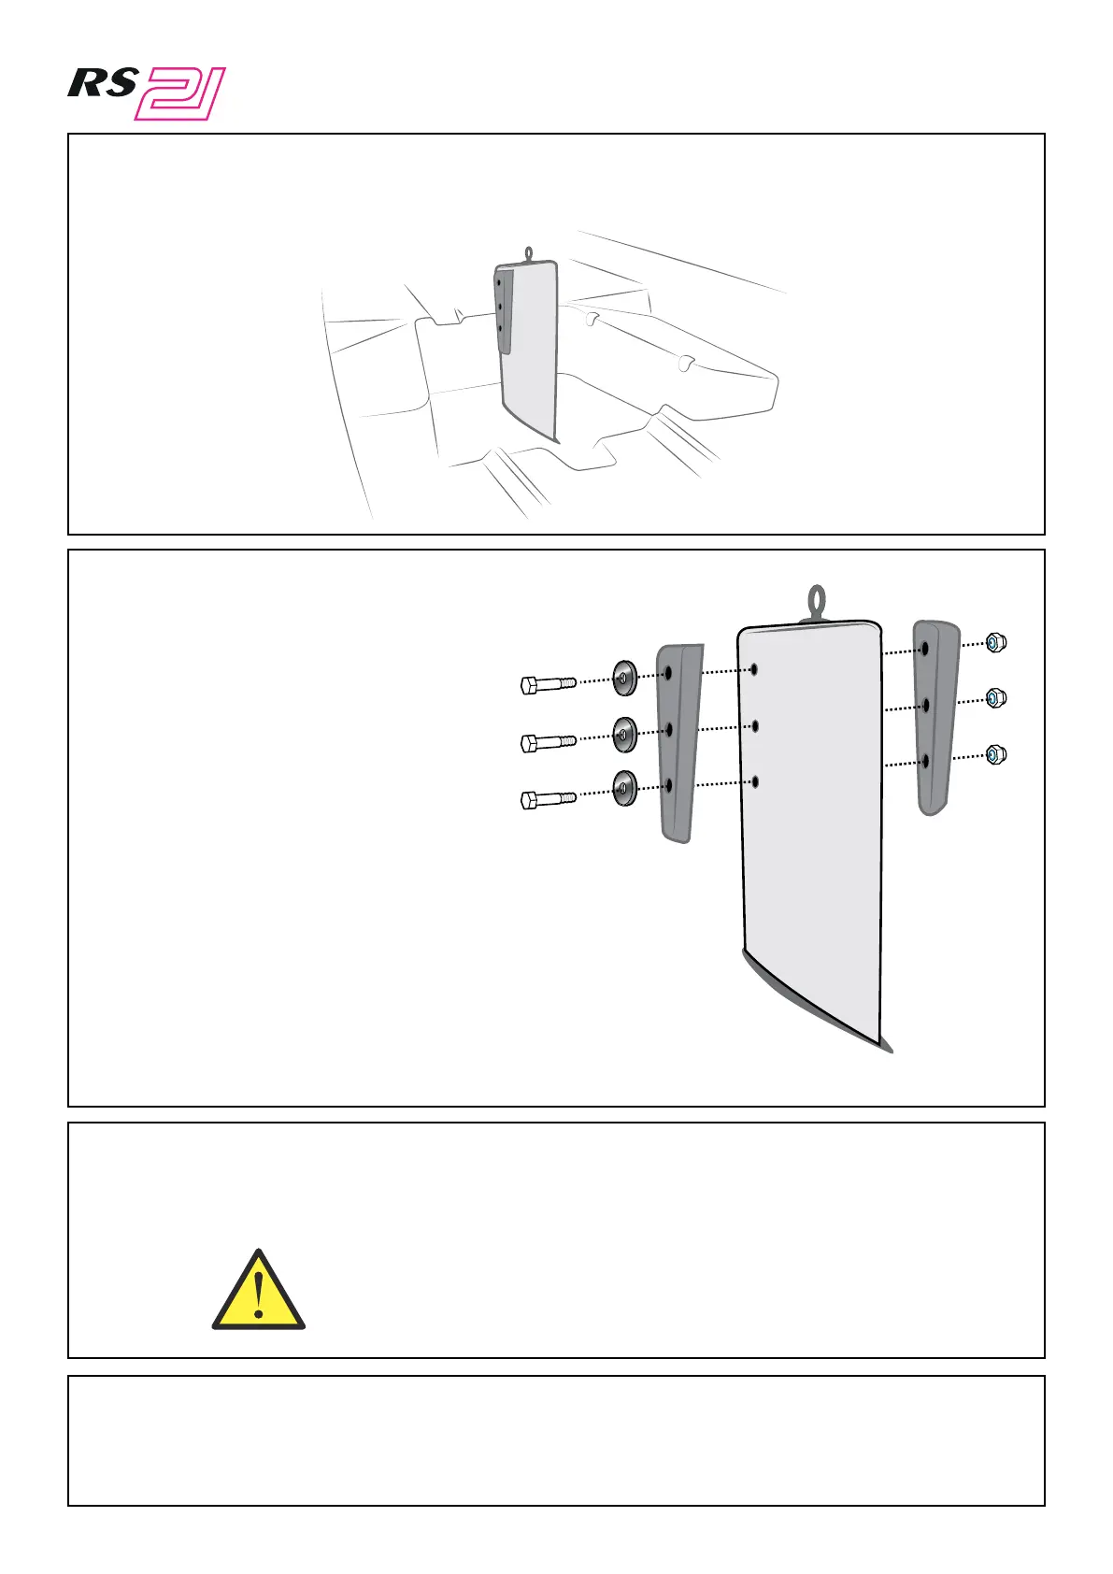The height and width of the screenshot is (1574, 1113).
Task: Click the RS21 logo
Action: [x=147, y=93]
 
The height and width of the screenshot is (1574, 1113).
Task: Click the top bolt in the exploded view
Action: [x=547, y=685]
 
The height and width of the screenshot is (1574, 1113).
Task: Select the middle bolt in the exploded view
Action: [x=547, y=743]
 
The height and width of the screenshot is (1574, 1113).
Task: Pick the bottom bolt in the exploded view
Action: [x=547, y=799]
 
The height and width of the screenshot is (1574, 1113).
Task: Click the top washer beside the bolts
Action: [x=624, y=678]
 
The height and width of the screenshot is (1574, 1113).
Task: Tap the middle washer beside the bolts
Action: [x=624, y=735]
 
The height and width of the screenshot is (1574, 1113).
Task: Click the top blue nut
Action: [x=996, y=642]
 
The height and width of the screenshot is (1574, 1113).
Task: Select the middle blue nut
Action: [x=996, y=698]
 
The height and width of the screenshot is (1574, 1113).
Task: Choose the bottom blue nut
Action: [x=996, y=754]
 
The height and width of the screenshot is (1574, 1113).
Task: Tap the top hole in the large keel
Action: [x=754, y=669]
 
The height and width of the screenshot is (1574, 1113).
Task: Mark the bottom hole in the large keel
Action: [x=754, y=780]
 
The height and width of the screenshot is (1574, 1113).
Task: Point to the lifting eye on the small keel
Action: [x=529, y=251]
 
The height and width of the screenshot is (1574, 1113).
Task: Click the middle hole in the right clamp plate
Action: [x=925, y=705]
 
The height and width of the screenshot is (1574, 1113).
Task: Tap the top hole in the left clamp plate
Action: [x=668, y=672]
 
